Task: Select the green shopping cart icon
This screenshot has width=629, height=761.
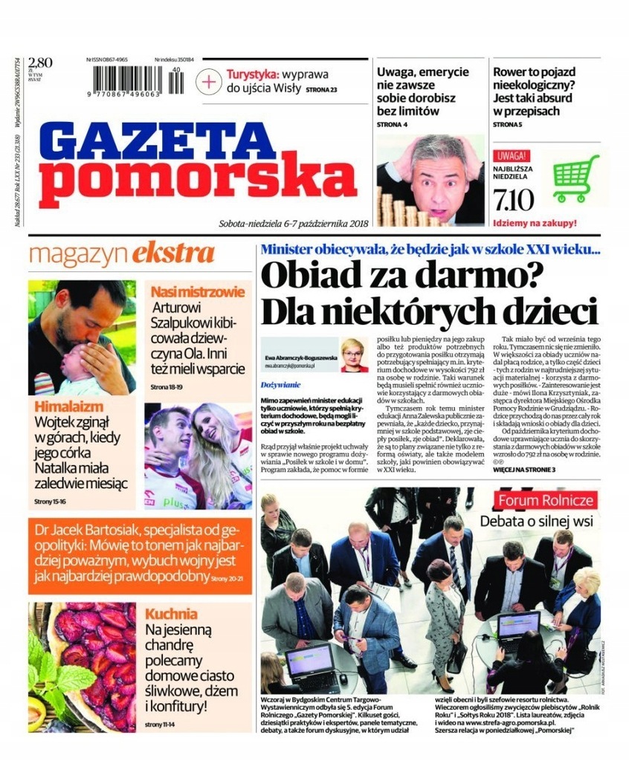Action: click(x=575, y=178)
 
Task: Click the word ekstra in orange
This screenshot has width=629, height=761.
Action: click(x=173, y=253)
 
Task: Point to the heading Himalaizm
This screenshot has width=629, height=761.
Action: click(x=68, y=407)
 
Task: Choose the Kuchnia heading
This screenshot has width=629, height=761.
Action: click(x=171, y=614)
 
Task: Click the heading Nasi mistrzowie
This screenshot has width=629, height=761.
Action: click(x=198, y=291)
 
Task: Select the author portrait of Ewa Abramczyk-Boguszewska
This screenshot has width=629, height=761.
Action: click(x=352, y=354)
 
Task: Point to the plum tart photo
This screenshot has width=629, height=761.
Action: click(x=82, y=665)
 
